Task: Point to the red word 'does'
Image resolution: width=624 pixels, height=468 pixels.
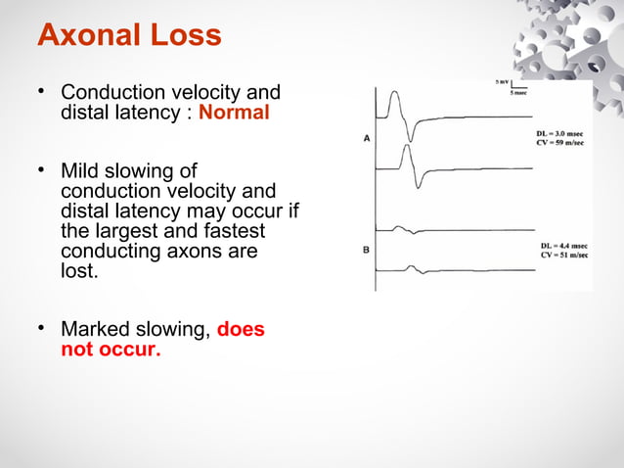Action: pyautogui.click(x=240, y=330)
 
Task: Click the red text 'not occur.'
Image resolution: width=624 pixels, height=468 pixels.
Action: pyautogui.click(x=110, y=350)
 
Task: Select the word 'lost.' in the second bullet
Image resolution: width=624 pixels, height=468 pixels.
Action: pyautogui.click(x=80, y=270)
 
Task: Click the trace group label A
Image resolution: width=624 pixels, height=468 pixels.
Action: pyautogui.click(x=367, y=139)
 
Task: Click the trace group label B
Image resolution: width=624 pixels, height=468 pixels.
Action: pyautogui.click(x=367, y=250)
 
